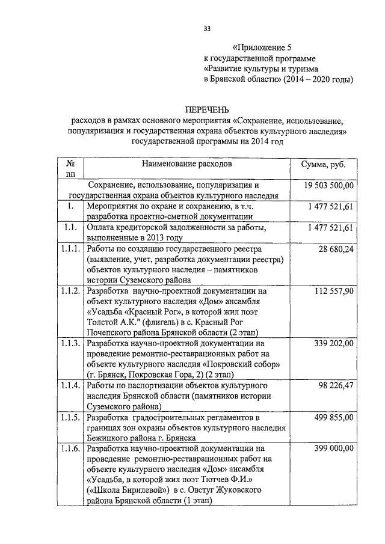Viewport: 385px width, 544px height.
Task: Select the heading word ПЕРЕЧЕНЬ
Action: click(207, 109)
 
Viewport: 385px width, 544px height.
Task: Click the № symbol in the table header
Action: click(70, 164)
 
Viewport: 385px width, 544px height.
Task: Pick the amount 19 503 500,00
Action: click(327, 185)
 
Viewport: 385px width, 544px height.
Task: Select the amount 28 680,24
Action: click(334, 248)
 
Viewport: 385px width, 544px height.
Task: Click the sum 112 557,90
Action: click(333, 291)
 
